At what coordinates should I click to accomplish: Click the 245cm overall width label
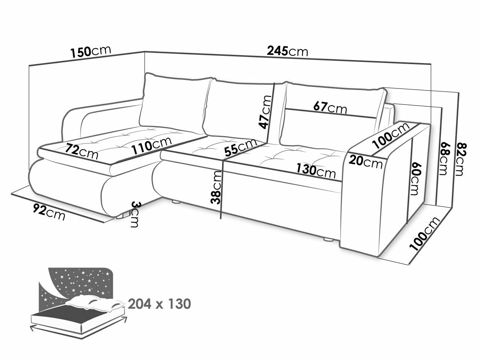click(x=287, y=51)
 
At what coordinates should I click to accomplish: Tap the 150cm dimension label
click(x=90, y=51)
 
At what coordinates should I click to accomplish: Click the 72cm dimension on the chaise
click(x=81, y=151)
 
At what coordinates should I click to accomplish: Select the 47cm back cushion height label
click(x=265, y=112)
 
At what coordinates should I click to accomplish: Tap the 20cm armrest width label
click(x=365, y=162)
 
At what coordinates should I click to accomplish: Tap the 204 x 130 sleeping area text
click(x=159, y=304)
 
